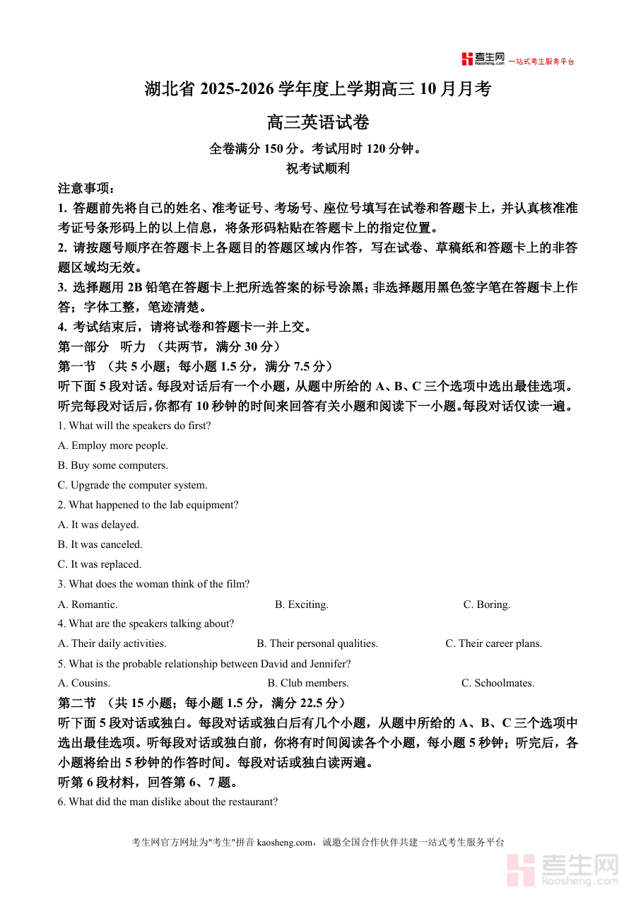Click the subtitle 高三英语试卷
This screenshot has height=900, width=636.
[318, 122]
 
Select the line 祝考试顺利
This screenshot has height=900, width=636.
[318, 168]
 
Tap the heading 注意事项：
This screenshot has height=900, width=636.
[86, 189]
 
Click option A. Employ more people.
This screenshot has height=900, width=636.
[113, 445]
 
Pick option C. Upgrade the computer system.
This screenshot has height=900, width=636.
[133, 485]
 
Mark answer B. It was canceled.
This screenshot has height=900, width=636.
[100, 544]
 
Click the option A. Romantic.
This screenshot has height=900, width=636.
[88, 604]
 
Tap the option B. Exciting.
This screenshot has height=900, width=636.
[302, 604]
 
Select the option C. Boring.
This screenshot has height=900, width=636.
[487, 604]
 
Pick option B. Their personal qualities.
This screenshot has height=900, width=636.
[317, 643]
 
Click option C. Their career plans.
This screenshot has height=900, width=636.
[494, 643]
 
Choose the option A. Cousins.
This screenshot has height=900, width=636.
[84, 683]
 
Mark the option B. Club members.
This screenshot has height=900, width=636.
[308, 683]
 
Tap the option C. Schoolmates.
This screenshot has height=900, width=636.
[498, 683]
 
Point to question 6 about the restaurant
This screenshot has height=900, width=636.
[168, 802]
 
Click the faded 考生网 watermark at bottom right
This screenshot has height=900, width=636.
[563, 869]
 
